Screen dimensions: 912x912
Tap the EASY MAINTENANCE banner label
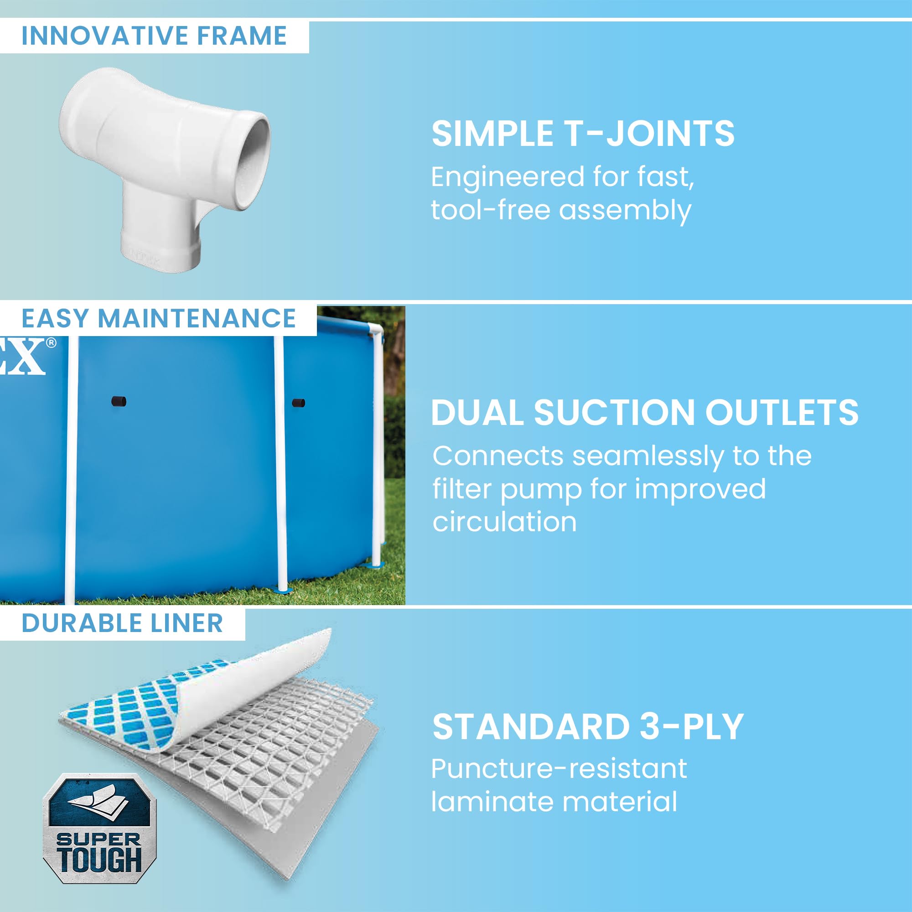(x=159, y=318)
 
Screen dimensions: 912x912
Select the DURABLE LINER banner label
(x=122, y=623)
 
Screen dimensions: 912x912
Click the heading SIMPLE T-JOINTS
(x=583, y=134)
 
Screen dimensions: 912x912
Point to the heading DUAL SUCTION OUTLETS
(x=645, y=413)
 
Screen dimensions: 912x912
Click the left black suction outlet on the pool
(x=119, y=402)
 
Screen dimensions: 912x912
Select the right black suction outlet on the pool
(x=298, y=403)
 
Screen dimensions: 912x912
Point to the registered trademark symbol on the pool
(x=51, y=342)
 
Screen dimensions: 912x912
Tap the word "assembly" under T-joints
(x=625, y=211)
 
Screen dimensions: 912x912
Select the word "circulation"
(x=505, y=522)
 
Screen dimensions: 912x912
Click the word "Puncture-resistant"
(x=559, y=769)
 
